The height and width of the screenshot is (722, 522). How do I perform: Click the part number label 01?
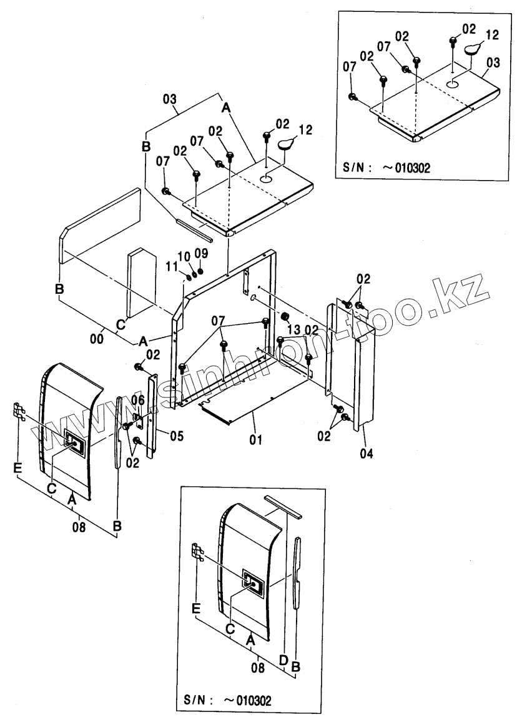pyautogui.click(x=255, y=441)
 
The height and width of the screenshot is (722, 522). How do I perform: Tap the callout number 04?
pyautogui.click(x=367, y=454)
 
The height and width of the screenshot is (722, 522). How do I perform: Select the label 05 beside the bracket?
pyautogui.click(x=177, y=436)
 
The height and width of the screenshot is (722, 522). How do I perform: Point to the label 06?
pyautogui.click(x=138, y=399)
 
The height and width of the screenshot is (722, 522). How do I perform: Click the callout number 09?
pyautogui.click(x=200, y=253)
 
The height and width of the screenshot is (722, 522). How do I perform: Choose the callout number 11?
pyautogui.click(x=171, y=267)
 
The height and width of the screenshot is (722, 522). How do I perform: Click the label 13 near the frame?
pyautogui.click(x=294, y=329)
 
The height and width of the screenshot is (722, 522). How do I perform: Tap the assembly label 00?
pyautogui.click(x=97, y=338)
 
